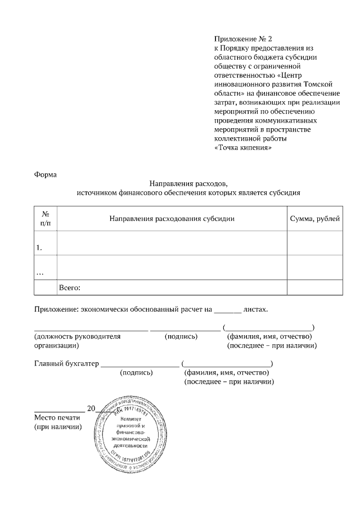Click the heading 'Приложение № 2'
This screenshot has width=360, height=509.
coord(243,39)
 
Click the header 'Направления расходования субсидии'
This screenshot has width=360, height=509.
coord(172,218)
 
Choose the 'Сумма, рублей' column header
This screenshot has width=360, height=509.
coord(314,218)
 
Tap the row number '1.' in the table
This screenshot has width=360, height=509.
coord(39,247)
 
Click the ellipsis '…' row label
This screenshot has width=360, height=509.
coord(40,272)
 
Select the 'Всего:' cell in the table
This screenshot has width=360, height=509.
coord(70,288)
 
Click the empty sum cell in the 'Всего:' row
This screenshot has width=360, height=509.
coord(314,287)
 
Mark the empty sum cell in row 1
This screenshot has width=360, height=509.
coord(314,243)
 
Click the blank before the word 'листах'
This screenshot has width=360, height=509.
coord(228,310)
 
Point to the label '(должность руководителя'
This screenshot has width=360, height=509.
coord(78,336)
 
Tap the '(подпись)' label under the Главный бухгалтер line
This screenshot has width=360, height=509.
coord(137,372)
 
